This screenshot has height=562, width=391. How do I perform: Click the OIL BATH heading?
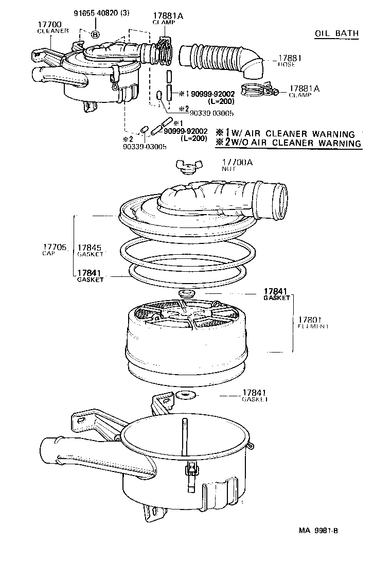tap(336, 34)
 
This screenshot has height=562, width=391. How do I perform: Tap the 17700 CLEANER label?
tap(52, 27)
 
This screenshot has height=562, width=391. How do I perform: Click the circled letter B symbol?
tap(95, 34)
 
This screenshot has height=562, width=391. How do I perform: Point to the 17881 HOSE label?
tap(289, 62)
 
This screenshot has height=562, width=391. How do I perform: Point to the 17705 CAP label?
tap(55, 250)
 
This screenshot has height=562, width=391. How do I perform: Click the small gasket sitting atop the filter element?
tap(185, 293)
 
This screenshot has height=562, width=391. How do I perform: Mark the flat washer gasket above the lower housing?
tap(183, 395)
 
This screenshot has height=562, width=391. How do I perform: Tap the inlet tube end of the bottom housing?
tap(49, 450)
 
